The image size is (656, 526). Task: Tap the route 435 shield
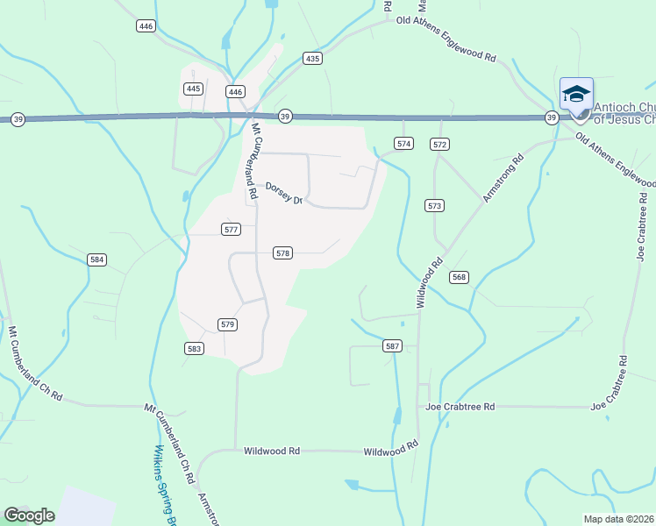pyautogui.click(x=313, y=59)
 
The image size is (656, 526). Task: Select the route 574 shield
pyautogui.click(x=403, y=143)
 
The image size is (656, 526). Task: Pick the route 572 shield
pyautogui.click(x=440, y=143)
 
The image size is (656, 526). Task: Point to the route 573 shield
pyautogui.click(x=434, y=205)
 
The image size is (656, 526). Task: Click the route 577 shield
pyautogui.click(x=231, y=230)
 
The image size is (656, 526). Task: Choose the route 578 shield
pyautogui.click(x=282, y=252)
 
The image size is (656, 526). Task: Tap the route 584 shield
pyautogui.click(x=97, y=259)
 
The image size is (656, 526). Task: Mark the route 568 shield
pyautogui.click(x=459, y=277)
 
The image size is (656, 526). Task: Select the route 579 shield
pyautogui.click(x=227, y=324)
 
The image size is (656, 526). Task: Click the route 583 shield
pyautogui.click(x=195, y=348)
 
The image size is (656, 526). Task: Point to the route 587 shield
pyautogui.click(x=392, y=346)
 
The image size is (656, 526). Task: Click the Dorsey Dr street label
pyautogui.click(x=284, y=193)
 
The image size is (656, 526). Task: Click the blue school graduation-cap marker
pyautogui.click(x=576, y=94)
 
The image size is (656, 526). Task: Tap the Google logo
pyautogui.click(x=29, y=515)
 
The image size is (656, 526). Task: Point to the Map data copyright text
pyautogui.click(x=619, y=519)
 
